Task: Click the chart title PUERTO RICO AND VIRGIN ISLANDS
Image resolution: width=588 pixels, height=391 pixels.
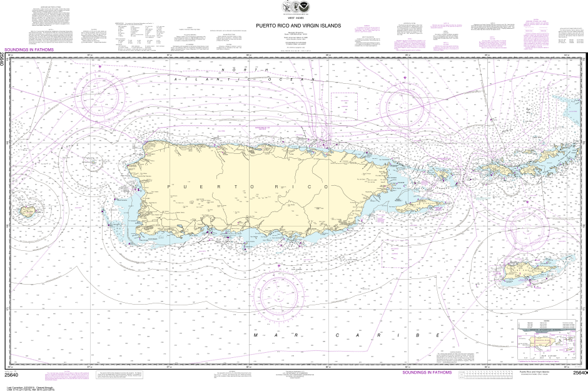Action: point(298,26)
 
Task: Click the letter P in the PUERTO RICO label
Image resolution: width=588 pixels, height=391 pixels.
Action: point(169,187)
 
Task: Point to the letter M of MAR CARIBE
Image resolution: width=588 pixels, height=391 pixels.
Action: point(256,335)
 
